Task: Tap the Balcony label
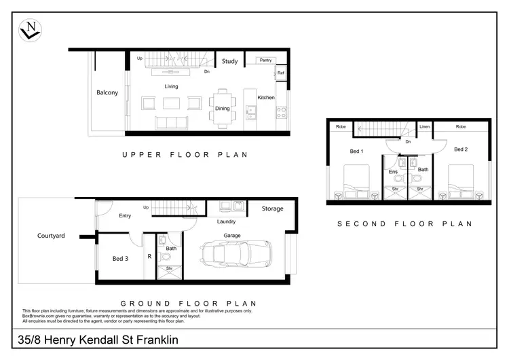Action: [x=107, y=92]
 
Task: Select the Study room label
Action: [x=229, y=62]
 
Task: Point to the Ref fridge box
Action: [x=280, y=73]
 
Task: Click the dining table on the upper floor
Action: [x=223, y=107]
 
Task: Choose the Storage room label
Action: [x=272, y=209]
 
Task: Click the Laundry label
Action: [x=226, y=221]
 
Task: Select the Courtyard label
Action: [x=51, y=236]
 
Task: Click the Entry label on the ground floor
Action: [x=125, y=216]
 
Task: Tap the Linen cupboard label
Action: [x=424, y=126]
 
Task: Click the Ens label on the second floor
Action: [x=393, y=172]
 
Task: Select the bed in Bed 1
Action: [x=355, y=183]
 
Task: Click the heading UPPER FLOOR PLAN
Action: [x=185, y=155]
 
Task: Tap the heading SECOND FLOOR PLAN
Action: [x=404, y=223]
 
